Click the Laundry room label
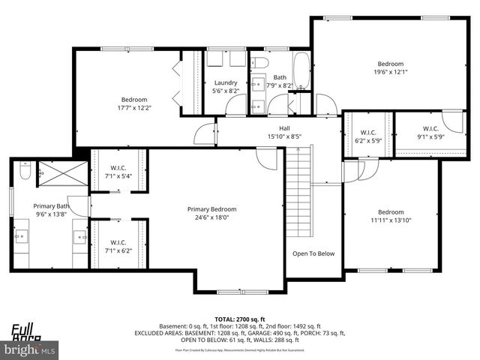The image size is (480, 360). pyautogui.click(x=226, y=82)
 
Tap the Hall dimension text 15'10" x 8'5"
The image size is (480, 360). pyautogui.click(x=284, y=136)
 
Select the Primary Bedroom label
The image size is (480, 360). pyautogui.click(x=212, y=209)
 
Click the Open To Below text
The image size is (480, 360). pyautogui.click(x=313, y=253)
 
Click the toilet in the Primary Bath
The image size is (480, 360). pyautogui.click(x=24, y=174)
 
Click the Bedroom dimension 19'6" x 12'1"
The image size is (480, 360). pyautogui.click(x=390, y=73)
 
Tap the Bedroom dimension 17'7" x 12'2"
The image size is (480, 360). pyautogui.click(x=135, y=108)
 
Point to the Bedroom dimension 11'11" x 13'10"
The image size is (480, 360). pyautogui.click(x=390, y=220)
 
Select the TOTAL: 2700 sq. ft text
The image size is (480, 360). pyautogui.click(x=240, y=319)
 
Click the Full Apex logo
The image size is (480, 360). pyautogui.click(x=25, y=331)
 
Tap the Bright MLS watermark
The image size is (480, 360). pyautogui.click(x=30, y=350)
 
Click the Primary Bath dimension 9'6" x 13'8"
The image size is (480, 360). pyautogui.click(x=51, y=214)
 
